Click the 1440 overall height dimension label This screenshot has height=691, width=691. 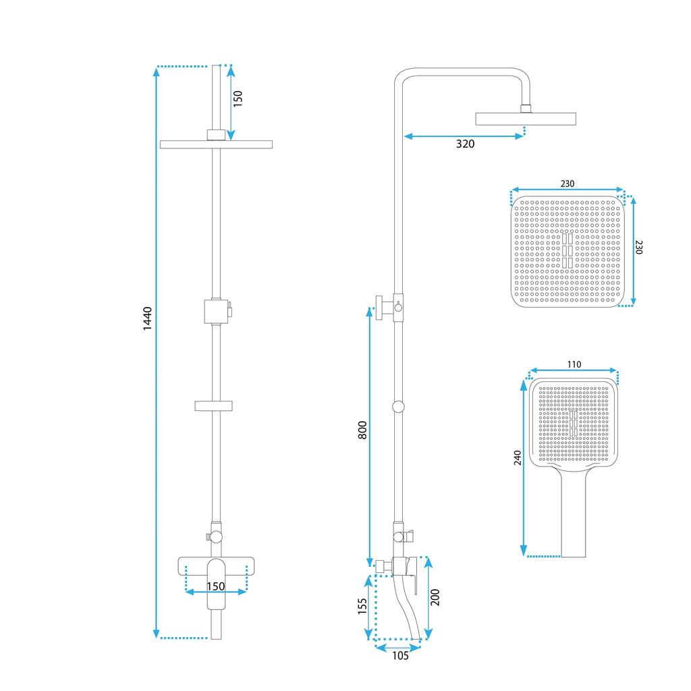(x=148, y=319)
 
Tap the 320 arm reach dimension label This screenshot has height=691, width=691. (x=465, y=144)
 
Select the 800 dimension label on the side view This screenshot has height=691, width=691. (x=362, y=430)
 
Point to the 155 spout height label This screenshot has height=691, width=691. (x=362, y=606)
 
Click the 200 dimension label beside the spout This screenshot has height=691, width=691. (x=435, y=597)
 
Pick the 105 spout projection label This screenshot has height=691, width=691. (x=400, y=656)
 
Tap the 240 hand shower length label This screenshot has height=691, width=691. (x=518, y=458)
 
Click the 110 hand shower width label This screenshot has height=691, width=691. (x=574, y=364)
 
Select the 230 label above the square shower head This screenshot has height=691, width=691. (x=567, y=184)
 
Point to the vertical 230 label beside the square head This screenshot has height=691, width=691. (x=639, y=247)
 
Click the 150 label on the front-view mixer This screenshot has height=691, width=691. (x=216, y=586)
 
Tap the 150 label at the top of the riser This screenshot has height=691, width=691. (x=238, y=99)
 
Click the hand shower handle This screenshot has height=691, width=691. (x=574, y=514)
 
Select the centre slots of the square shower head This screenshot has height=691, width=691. (x=567, y=251)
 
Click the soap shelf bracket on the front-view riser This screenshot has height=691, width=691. (x=213, y=406)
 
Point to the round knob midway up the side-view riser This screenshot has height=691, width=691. (x=398, y=407)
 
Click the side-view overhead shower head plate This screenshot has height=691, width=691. (x=525, y=119)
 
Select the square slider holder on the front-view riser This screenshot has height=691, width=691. (x=216, y=311)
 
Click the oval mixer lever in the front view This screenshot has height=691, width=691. (x=216, y=584)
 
